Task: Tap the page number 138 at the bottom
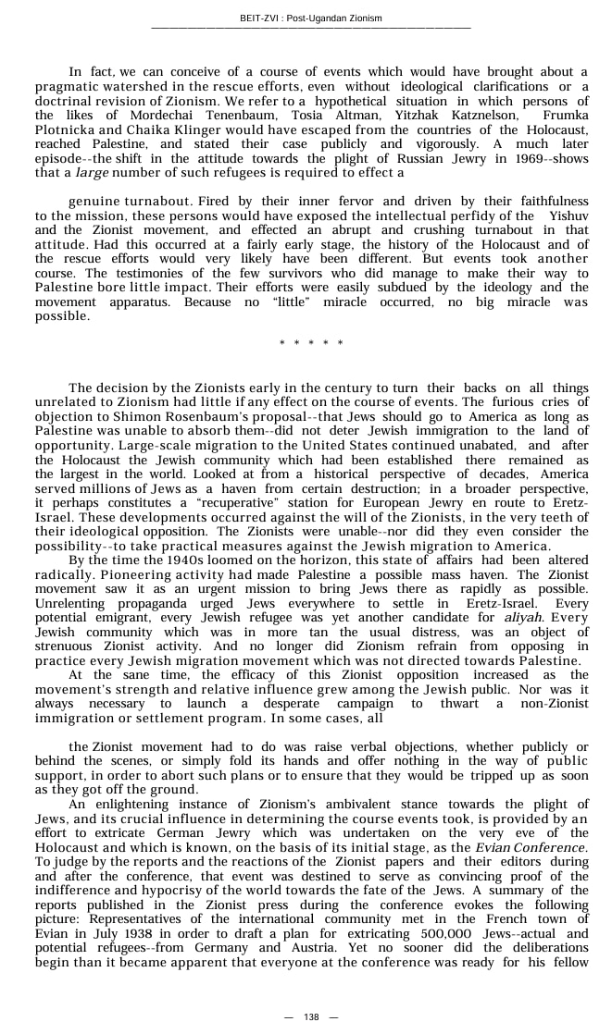pos(310,1016)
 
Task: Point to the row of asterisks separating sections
pos(311,344)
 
